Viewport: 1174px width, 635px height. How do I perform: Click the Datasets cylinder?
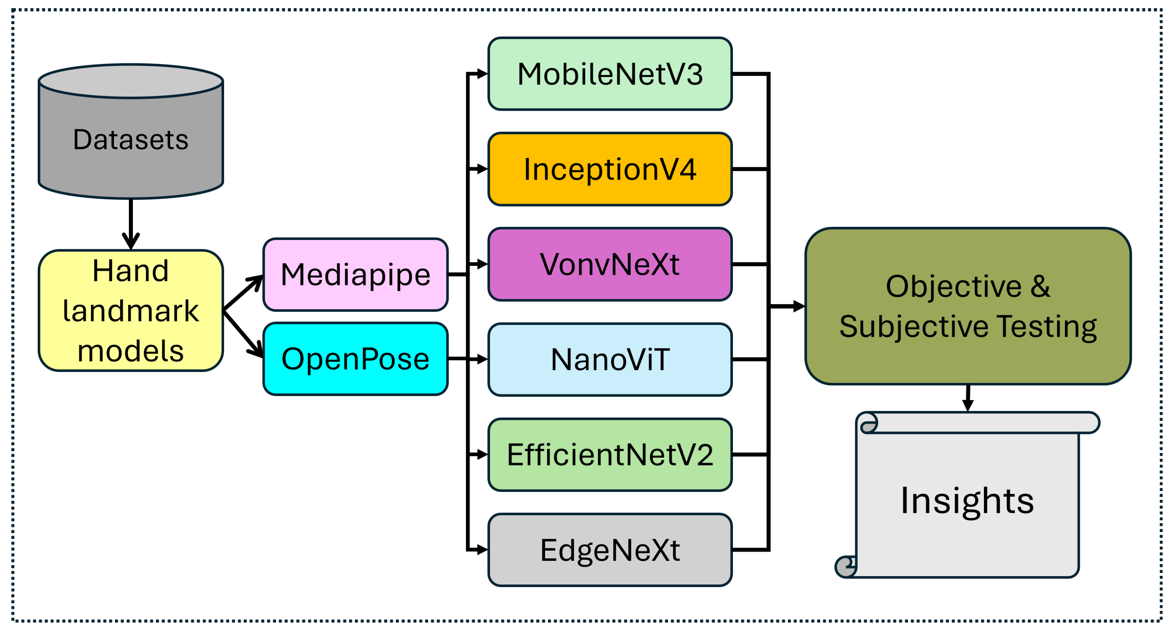(131, 137)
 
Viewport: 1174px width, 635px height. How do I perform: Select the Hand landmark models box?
(131, 311)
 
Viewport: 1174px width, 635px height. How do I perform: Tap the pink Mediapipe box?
(355, 275)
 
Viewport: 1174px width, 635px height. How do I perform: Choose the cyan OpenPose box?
(355, 359)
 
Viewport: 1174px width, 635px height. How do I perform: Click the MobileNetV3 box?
(610, 74)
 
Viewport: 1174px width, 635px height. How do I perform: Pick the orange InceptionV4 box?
(610, 169)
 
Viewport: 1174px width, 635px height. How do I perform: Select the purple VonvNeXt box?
(610, 264)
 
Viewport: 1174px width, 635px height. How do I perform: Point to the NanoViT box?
(610, 360)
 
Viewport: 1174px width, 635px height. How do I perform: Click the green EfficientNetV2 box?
(610, 455)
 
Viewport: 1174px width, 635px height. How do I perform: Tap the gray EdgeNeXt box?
(610, 550)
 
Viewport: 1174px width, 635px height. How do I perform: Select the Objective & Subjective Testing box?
(968, 306)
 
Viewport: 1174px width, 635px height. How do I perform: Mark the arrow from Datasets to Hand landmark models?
(131, 223)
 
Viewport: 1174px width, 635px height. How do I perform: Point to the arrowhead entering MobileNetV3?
(481, 74)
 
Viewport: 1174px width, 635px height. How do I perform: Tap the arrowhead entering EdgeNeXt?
(481, 550)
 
